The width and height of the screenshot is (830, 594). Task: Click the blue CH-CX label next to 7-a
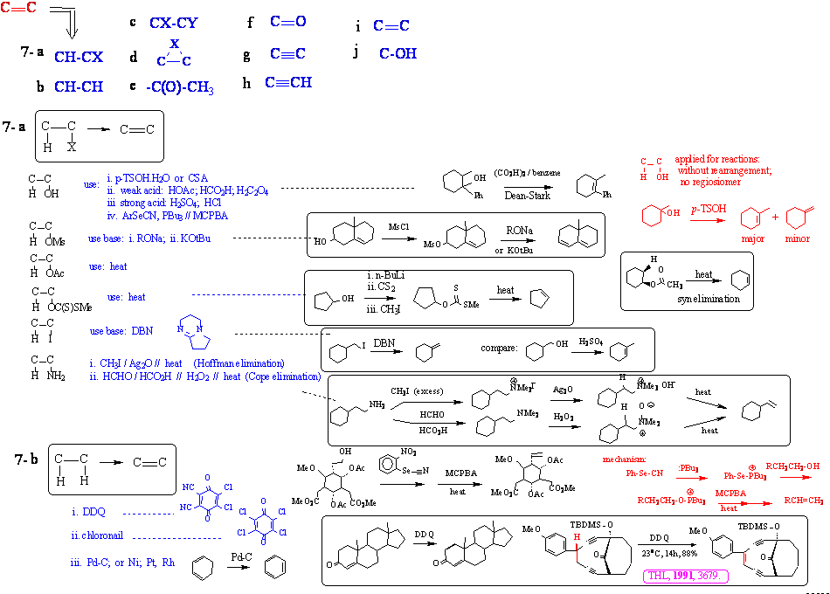[79, 57]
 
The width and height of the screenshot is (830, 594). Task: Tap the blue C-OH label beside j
[398, 53]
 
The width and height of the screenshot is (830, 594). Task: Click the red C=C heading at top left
[18, 9]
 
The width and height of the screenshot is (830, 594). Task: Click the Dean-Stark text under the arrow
[522, 196]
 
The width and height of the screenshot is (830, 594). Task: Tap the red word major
[753, 238]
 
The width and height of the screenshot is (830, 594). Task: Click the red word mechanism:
[625, 459]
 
